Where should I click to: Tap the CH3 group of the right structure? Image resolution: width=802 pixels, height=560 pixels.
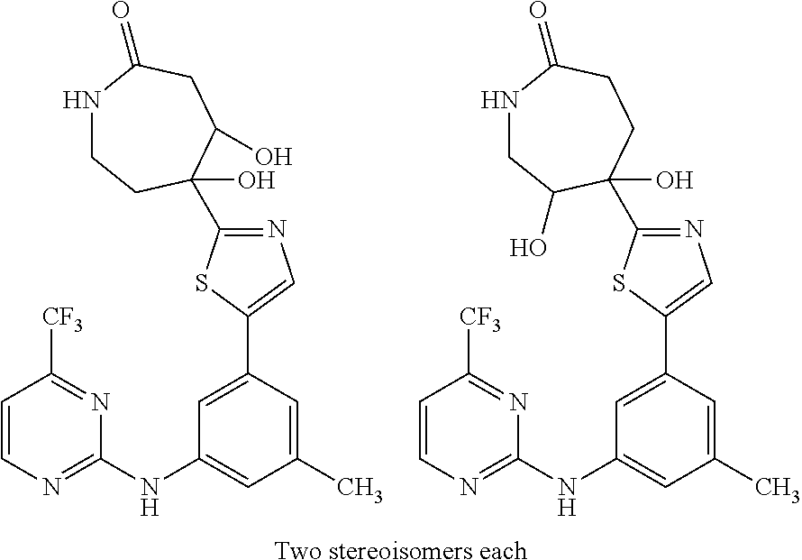click(x=778, y=490)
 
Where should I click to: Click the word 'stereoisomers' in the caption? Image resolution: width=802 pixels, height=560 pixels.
click(x=401, y=546)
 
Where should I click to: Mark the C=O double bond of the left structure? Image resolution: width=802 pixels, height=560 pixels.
click(x=127, y=41)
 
